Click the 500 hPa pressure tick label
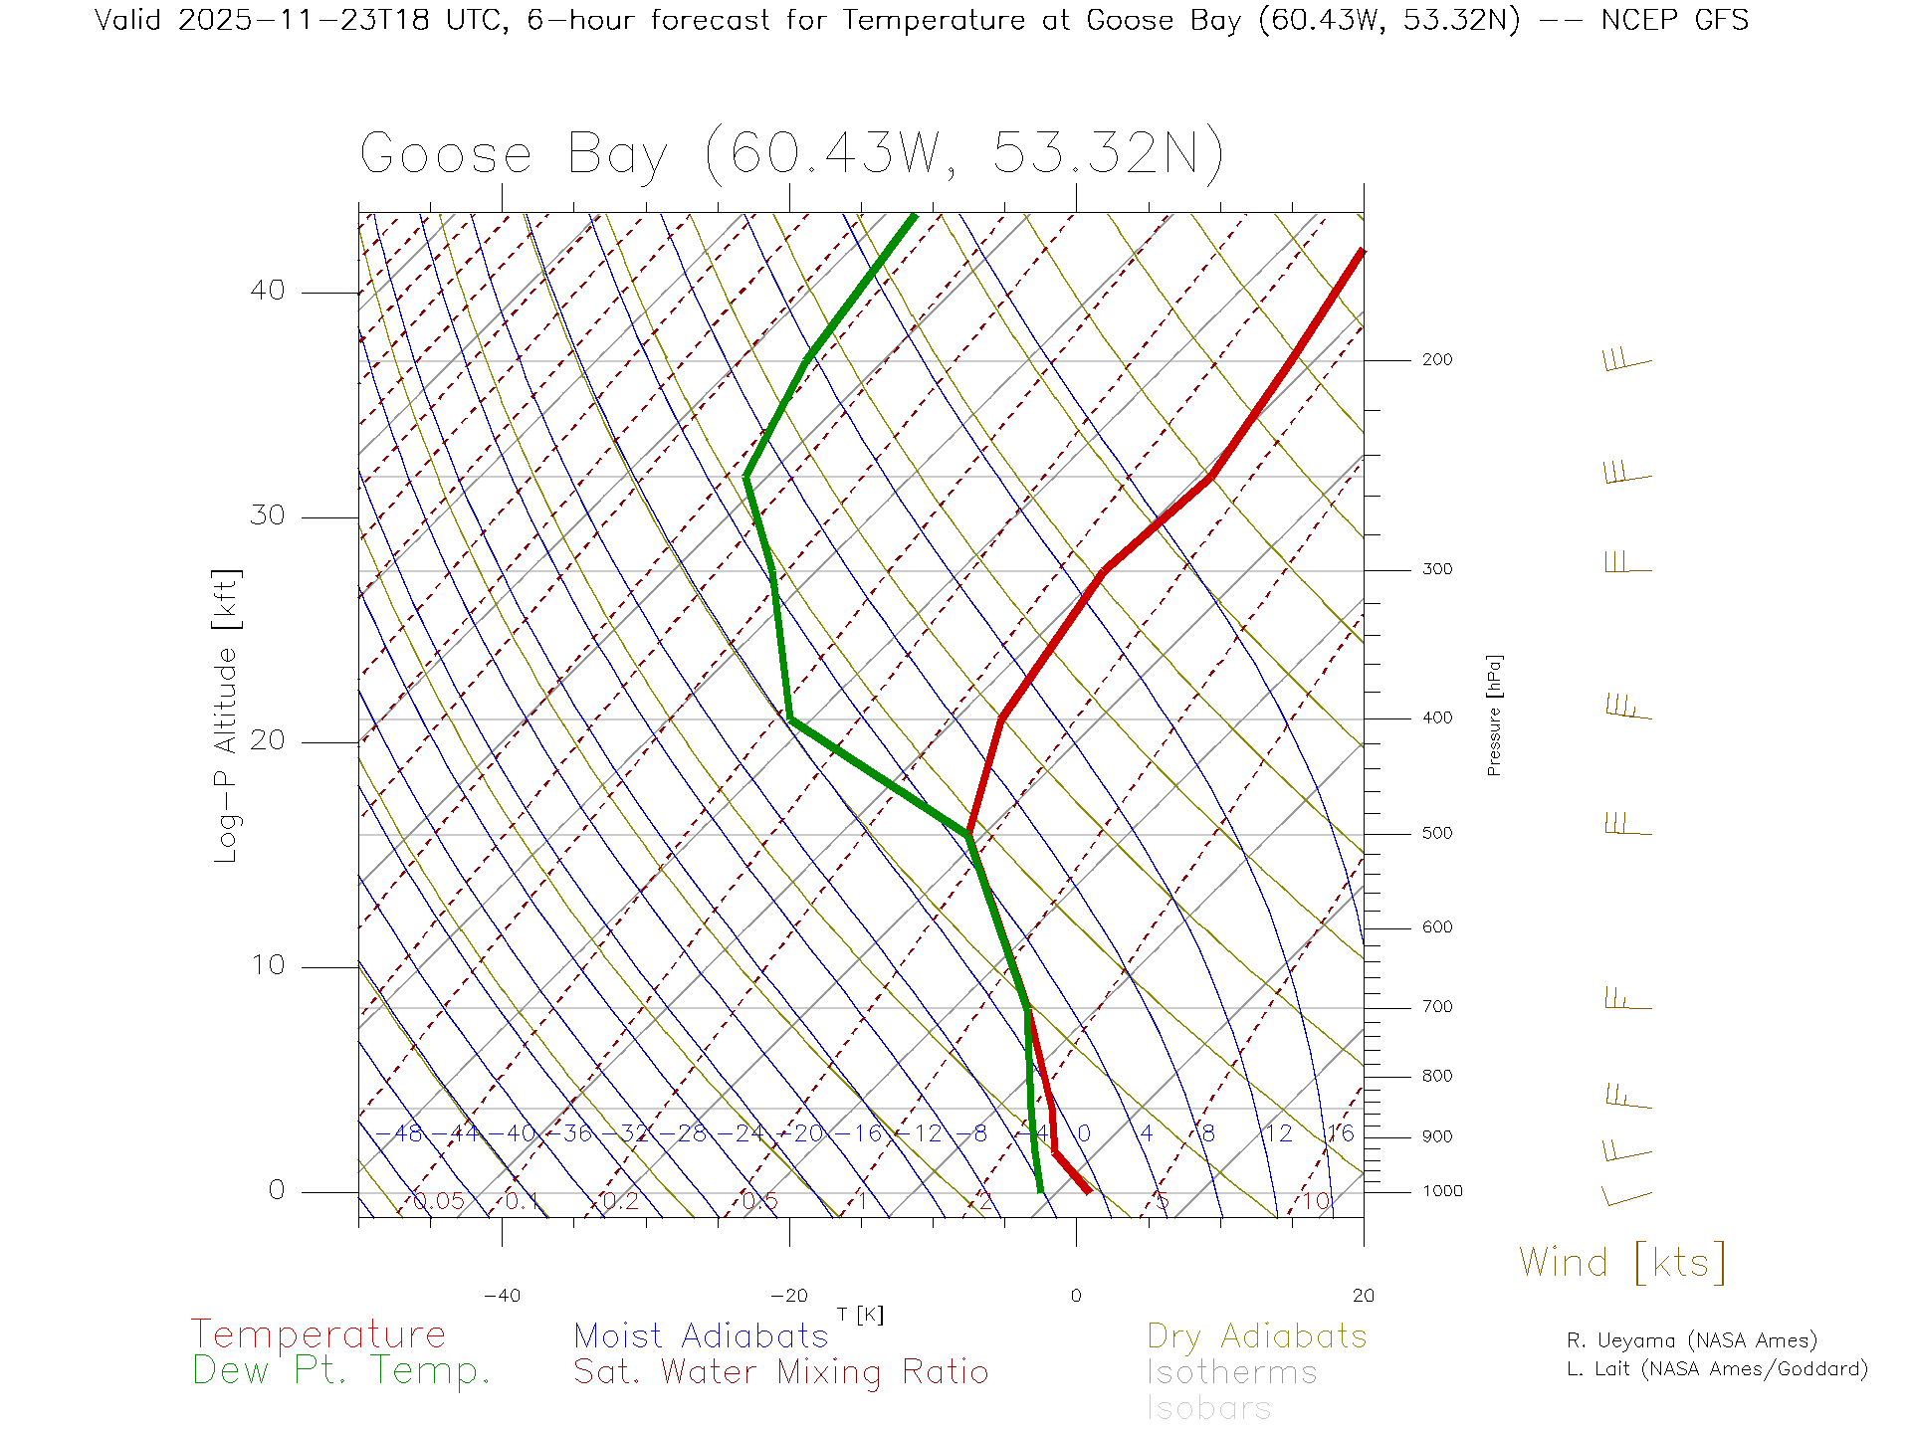[x=1436, y=833]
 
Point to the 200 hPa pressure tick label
[x=1436, y=359]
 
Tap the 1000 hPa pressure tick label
[x=1441, y=1191]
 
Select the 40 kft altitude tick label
[x=267, y=291]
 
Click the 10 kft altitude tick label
[x=267, y=965]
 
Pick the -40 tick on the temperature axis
[x=502, y=1296]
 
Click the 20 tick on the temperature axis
[x=1363, y=1296]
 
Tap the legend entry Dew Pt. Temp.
[x=341, y=1371]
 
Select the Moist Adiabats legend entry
[x=701, y=1335]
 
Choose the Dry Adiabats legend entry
[x=1256, y=1335]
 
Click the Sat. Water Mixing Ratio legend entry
[x=780, y=1372]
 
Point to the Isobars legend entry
[x=1208, y=1408]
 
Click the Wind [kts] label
[x=1622, y=1263]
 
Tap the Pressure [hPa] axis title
[x=1494, y=715]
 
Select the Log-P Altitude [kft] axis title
[x=227, y=715]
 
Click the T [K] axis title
[x=860, y=1315]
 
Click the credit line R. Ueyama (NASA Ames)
[x=1691, y=1340]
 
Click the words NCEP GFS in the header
[x=1674, y=20]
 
